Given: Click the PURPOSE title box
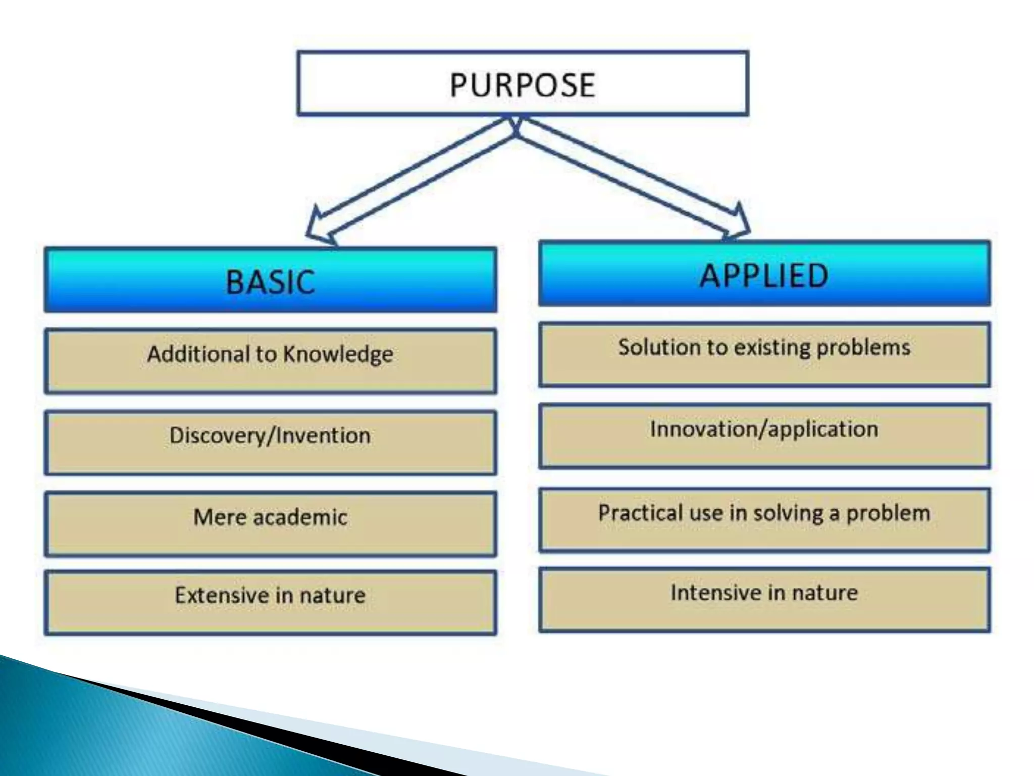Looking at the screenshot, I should point(523,83).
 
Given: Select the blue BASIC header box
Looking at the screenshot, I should point(270,280).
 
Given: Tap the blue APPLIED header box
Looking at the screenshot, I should point(764,274).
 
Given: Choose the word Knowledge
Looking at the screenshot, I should point(338,354).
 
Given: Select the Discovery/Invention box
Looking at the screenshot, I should point(270,442).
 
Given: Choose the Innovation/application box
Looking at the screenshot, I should point(764,436).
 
